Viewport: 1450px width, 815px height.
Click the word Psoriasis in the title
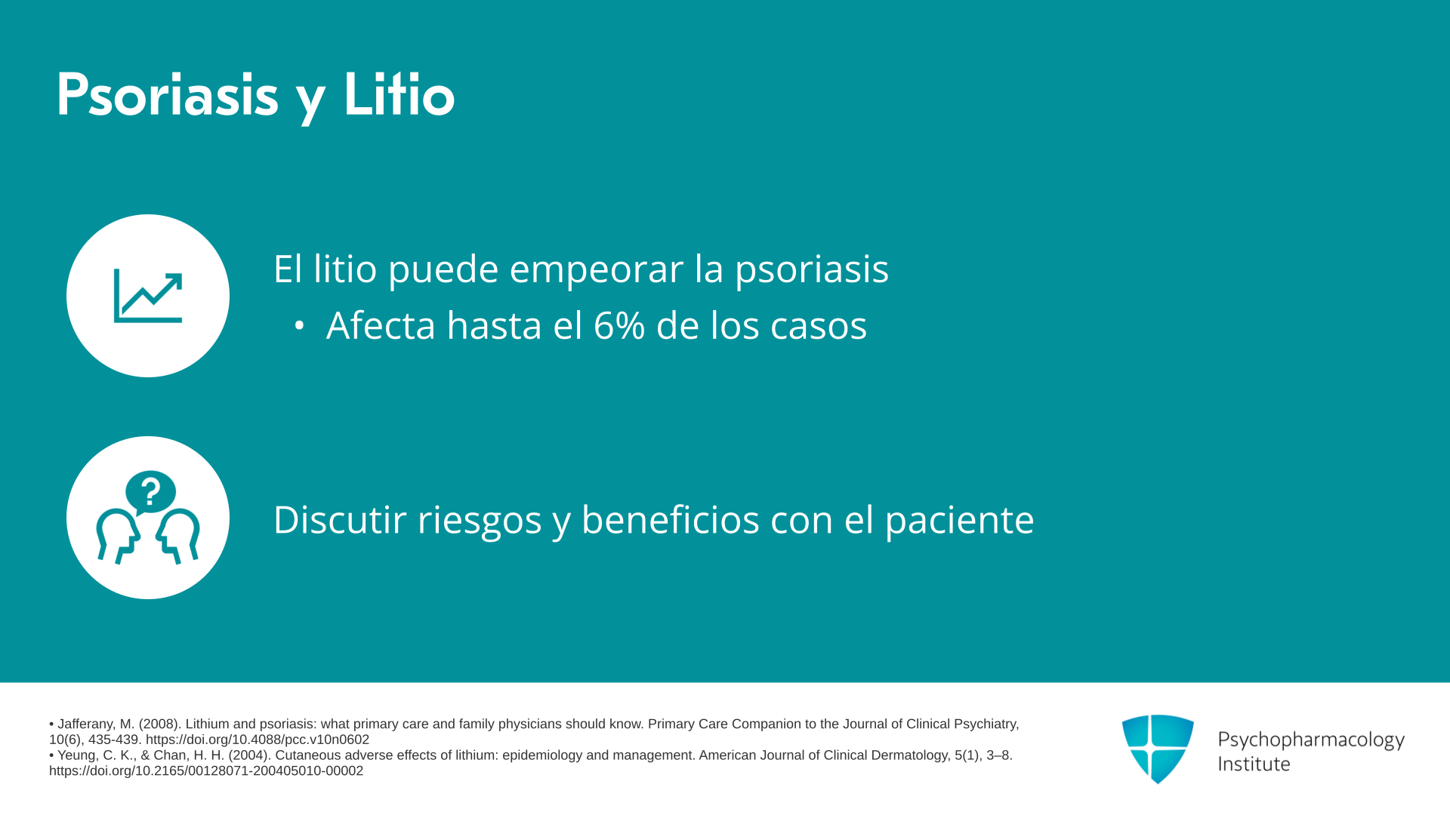(x=168, y=96)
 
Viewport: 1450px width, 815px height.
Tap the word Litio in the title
(x=400, y=94)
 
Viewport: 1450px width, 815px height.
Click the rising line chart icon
(x=148, y=296)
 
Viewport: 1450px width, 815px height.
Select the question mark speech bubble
(x=150, y=493)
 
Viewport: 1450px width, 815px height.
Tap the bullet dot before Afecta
(x=300, y=326)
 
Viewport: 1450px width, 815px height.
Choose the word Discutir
(x=340, y=519)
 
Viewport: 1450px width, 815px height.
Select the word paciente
(x=959, y=521)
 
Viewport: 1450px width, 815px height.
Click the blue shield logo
(x=1158, y=749)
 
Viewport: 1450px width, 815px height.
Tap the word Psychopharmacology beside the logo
(x=1311, y=740)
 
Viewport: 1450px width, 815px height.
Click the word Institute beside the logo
(x=1254, y=764)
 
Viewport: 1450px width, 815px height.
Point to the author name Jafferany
(x=87, y=724)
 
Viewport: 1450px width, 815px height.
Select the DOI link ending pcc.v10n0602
(x=258, y=740)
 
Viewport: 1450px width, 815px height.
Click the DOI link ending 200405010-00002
(x=206, y=771)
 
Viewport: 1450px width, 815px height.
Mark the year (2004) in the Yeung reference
(x=248, y=755)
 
